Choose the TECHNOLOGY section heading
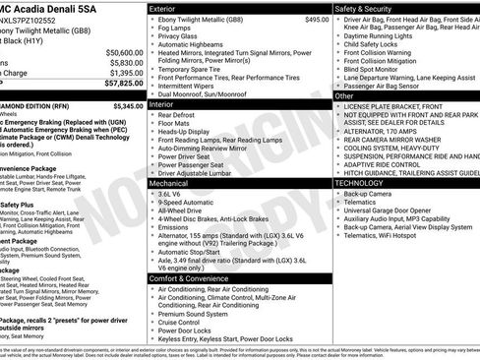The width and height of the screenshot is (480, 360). pyautogui.click(x=366, y=183)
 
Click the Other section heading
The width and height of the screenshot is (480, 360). pyautogui.click(x=344, y=96)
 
